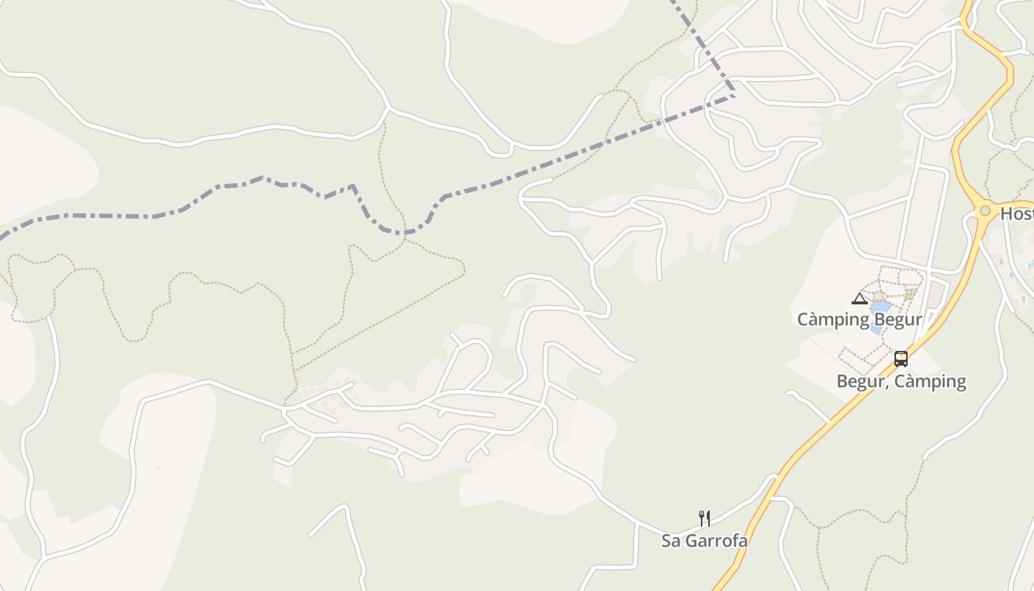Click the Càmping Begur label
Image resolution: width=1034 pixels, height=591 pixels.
[860, 320]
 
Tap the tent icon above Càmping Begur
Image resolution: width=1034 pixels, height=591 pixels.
[858, 299]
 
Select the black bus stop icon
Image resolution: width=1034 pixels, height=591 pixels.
[901, 360]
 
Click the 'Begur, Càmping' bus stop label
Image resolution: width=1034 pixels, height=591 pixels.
[901, 381]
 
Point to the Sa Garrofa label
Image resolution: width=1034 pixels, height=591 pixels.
[704, 541]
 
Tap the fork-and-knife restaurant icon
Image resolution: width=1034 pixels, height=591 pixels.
[705, 519]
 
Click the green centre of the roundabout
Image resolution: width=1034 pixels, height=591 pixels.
[985, 211]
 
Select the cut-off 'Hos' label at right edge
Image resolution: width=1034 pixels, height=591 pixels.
[1017, 214]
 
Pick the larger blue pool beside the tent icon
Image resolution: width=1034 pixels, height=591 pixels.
[880, 307]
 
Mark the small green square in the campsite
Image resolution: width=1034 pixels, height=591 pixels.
[910, 293]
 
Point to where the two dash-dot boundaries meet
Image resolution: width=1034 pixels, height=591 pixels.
[734, 94]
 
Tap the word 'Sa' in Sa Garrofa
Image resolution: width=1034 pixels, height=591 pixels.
[671, 541]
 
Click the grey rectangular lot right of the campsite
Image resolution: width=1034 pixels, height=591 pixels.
[937, 293]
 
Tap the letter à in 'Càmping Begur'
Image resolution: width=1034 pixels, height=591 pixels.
[815, 320]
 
